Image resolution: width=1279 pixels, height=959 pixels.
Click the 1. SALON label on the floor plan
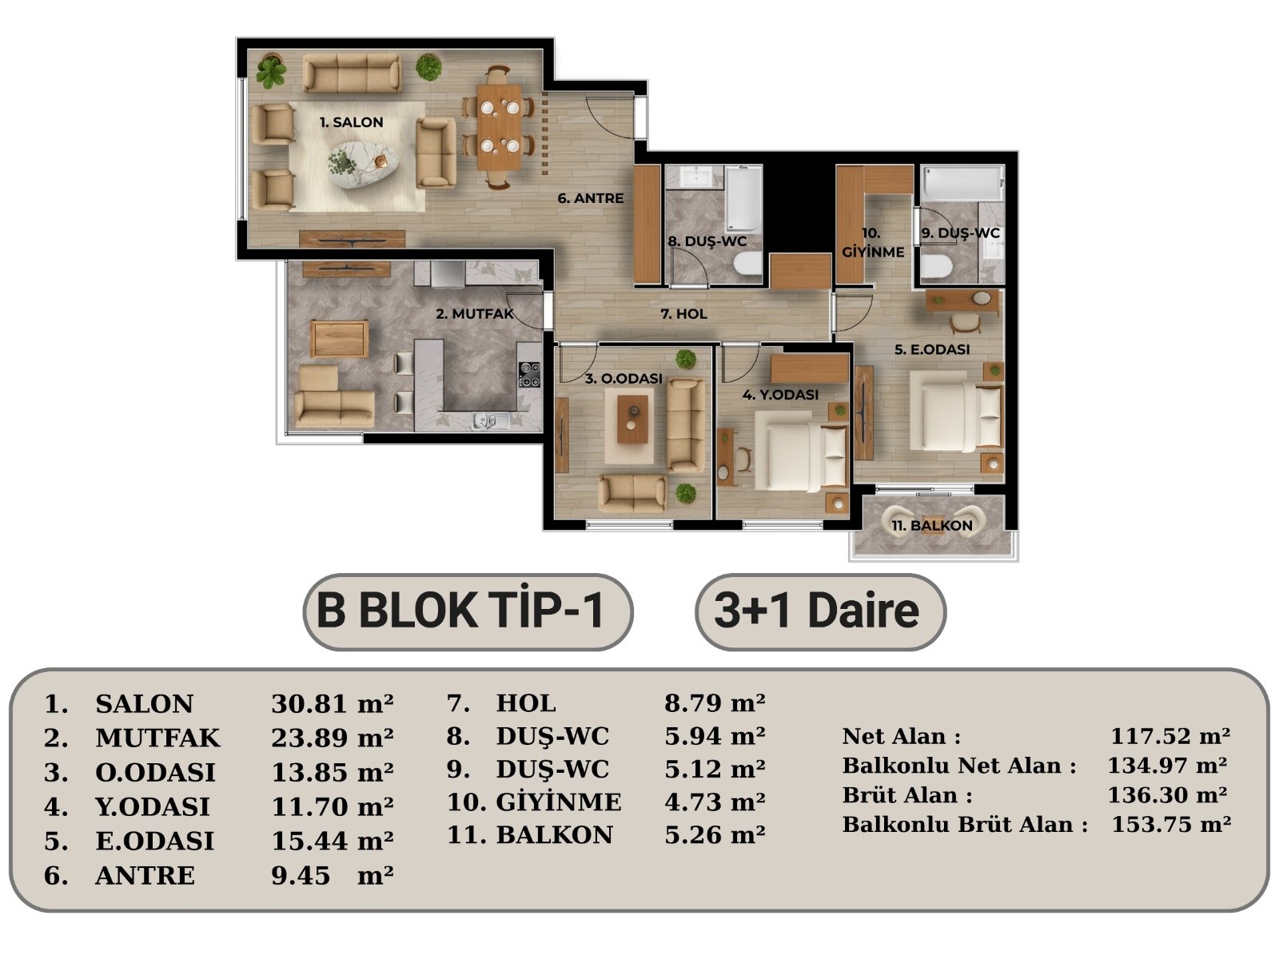pyautogui.click(x=352, y=122)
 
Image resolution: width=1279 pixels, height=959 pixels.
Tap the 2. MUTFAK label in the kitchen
pyautogui.click(x=475, y=314)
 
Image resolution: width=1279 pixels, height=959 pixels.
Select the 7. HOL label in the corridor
pyautogui.click(x=683, y=314)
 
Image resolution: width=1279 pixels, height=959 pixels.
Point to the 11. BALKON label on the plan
pyautogui.click(x=932, y=526)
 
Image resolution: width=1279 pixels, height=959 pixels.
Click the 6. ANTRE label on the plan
pyautogui.click(x=590, y=198)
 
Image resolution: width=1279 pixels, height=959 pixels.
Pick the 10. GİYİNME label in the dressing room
pyautogui.click(x=873, y=243)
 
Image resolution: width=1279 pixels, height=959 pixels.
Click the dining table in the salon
pyautogui.click(x=499, y=127)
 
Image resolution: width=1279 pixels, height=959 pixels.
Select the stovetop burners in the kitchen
pyautogui.click(x=530, y=374)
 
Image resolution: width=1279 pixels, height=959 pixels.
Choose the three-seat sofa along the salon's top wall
pyautogui.click(x=352, y=73)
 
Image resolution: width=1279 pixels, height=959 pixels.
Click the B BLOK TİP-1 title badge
pyautogui.click(x=468, y=612)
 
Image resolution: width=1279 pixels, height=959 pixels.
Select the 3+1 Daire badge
pyautogui.click(x=820, y=612)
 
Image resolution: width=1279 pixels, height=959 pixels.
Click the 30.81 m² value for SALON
pyautogui.click(x=332, y=704)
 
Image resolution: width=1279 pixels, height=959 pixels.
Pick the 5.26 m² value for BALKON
pyautogui.click(x=715, y=835)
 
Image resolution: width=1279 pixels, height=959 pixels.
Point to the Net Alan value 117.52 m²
pyautogui.click(x=1170, y=736)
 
